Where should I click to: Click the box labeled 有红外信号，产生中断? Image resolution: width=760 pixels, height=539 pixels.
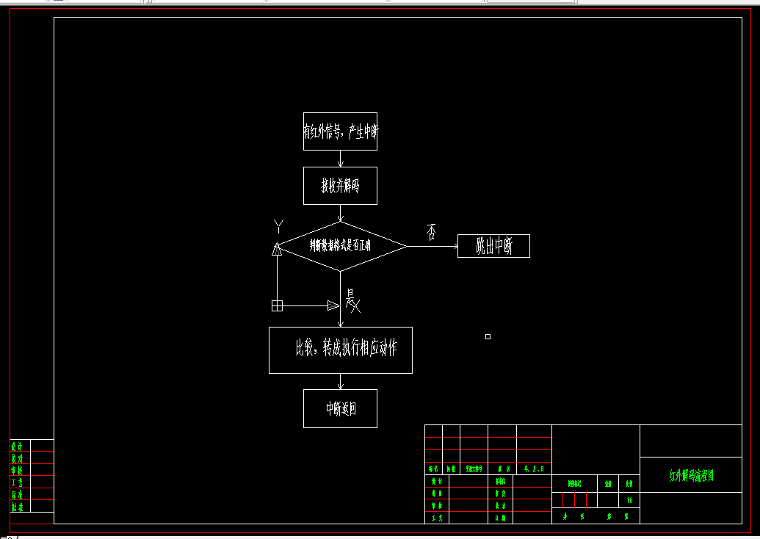[340, 131]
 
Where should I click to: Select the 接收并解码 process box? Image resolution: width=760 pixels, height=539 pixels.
[340, 186]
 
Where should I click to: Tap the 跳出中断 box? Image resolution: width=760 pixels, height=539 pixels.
[493, 246]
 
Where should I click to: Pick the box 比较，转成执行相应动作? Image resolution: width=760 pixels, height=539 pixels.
[340, 350]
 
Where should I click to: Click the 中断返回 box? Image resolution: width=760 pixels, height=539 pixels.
[340, 408]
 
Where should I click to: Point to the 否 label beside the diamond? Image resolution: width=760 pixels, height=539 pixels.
[431, 232]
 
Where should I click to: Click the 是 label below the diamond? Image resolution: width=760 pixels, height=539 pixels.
[350, 297]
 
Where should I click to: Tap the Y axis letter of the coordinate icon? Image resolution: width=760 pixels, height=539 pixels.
[278, 226]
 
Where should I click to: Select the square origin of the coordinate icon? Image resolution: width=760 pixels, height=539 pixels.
[277, 305]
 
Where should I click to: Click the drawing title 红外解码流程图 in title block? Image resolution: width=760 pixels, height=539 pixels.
[691, 476]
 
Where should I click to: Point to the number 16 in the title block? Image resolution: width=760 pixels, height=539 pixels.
[629, 500]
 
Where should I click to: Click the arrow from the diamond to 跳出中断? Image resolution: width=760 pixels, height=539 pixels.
[433, 246]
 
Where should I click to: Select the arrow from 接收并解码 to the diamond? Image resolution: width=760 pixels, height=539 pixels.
[340, 213]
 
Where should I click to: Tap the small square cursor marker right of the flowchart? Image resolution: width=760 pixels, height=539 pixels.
[488, 336]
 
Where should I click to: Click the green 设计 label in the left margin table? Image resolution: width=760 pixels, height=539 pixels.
[17, 446]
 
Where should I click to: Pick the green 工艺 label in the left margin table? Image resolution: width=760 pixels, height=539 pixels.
[17, 482]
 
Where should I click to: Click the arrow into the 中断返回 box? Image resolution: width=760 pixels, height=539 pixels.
[340, 382]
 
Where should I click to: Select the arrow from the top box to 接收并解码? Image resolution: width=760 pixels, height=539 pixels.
[340, 159]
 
